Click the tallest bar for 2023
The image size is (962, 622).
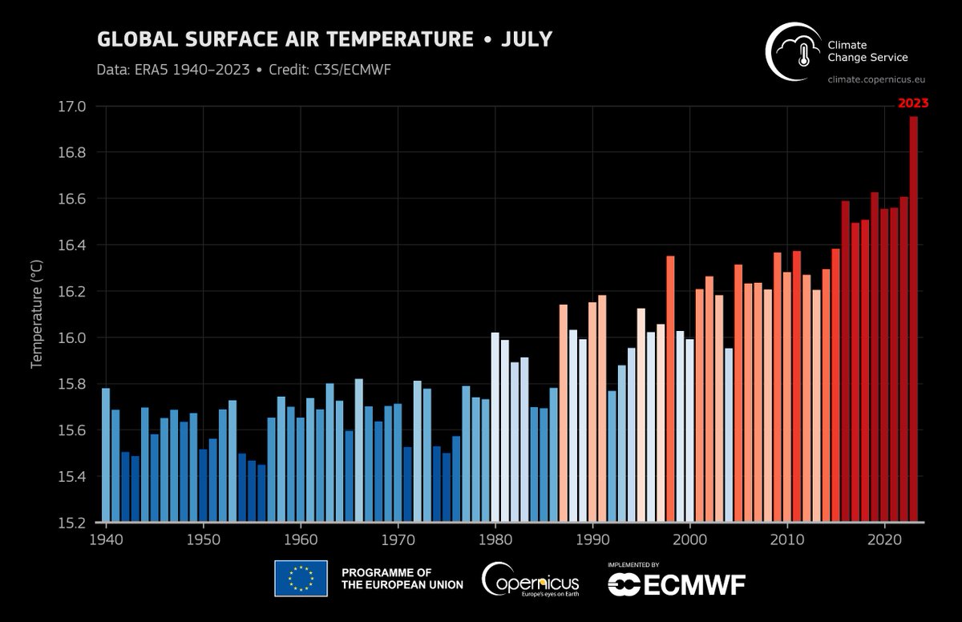click(913, 321)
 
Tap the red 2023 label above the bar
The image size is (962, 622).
click(912, 103)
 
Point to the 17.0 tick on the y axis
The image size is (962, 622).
click(83, 107)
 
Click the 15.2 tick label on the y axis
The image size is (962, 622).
click(83, 523)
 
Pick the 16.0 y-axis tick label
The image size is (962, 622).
click(83, 337)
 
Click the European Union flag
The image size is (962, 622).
click(301, 578)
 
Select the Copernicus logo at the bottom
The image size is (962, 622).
click(529, 579)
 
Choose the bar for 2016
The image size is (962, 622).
click(845, 361)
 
